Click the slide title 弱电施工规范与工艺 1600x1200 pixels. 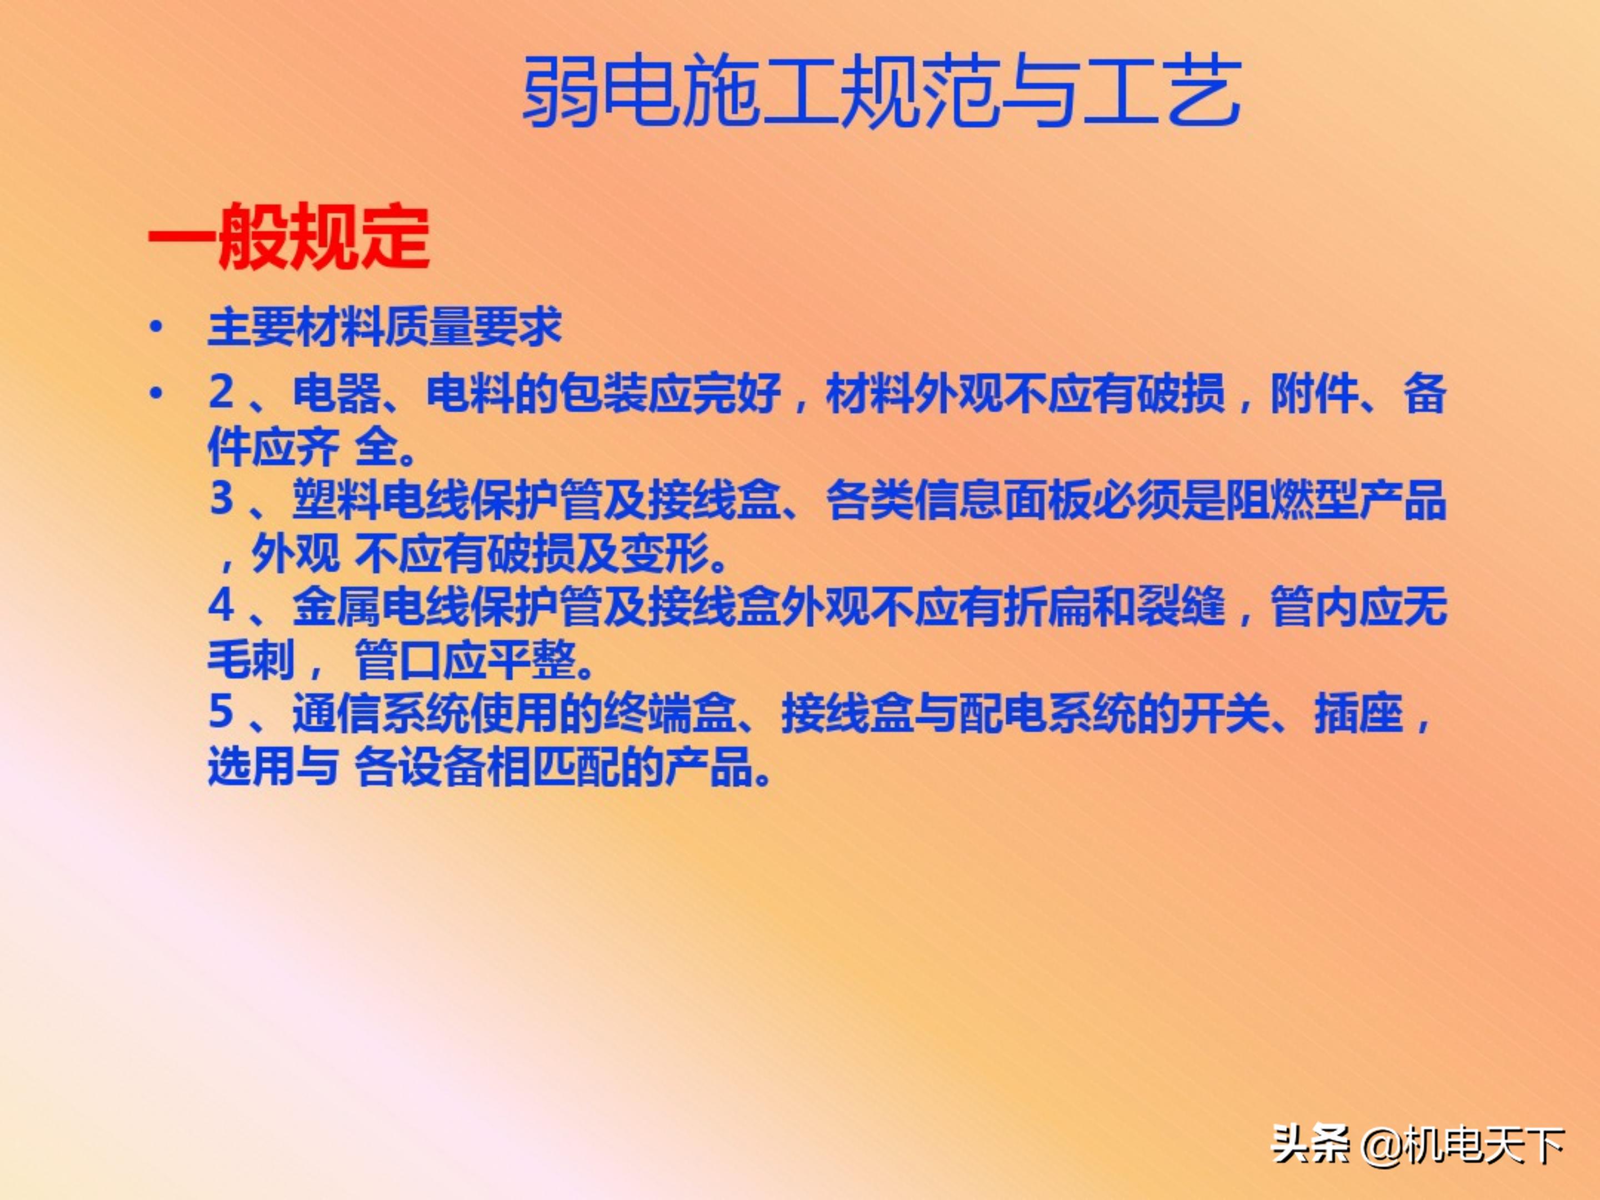tap(881, 93)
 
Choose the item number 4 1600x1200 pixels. tap(221, 606)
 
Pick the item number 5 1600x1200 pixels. tap(221, 712)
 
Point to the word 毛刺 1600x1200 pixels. tap(251, 659)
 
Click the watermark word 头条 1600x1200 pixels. tap(1310, 1144)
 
